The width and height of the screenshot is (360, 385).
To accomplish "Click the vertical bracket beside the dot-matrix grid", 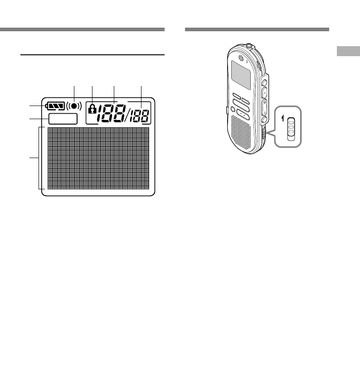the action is coord(39,158).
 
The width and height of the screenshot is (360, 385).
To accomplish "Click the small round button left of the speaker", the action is coord(233,109).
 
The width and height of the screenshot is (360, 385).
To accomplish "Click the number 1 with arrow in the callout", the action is coord(282,119).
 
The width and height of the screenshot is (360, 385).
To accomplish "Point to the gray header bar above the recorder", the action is coord(257,29).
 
